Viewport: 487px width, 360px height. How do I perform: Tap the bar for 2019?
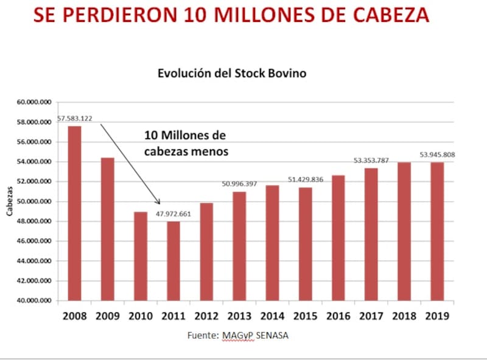coord(436,231)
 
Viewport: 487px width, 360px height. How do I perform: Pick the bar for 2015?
coord(304,244)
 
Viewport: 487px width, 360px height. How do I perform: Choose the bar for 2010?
coord(140,256)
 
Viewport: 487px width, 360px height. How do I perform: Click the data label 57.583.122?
coord(75,118)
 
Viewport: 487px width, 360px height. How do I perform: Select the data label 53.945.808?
coord(437,155)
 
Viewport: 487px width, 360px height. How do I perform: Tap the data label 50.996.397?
coord(239,183)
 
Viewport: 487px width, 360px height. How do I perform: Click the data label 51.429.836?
coord(306,180)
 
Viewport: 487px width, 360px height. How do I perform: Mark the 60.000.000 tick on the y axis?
coord(37,102)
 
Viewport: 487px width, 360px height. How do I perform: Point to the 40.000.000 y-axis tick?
coord(37,301)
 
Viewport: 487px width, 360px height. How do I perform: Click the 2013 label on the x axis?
coord(239,316)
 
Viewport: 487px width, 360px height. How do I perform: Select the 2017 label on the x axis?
coord(370,316)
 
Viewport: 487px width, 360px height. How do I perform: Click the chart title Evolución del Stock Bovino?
coord(232,74)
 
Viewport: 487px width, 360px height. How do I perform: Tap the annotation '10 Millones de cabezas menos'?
coord(186,143)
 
